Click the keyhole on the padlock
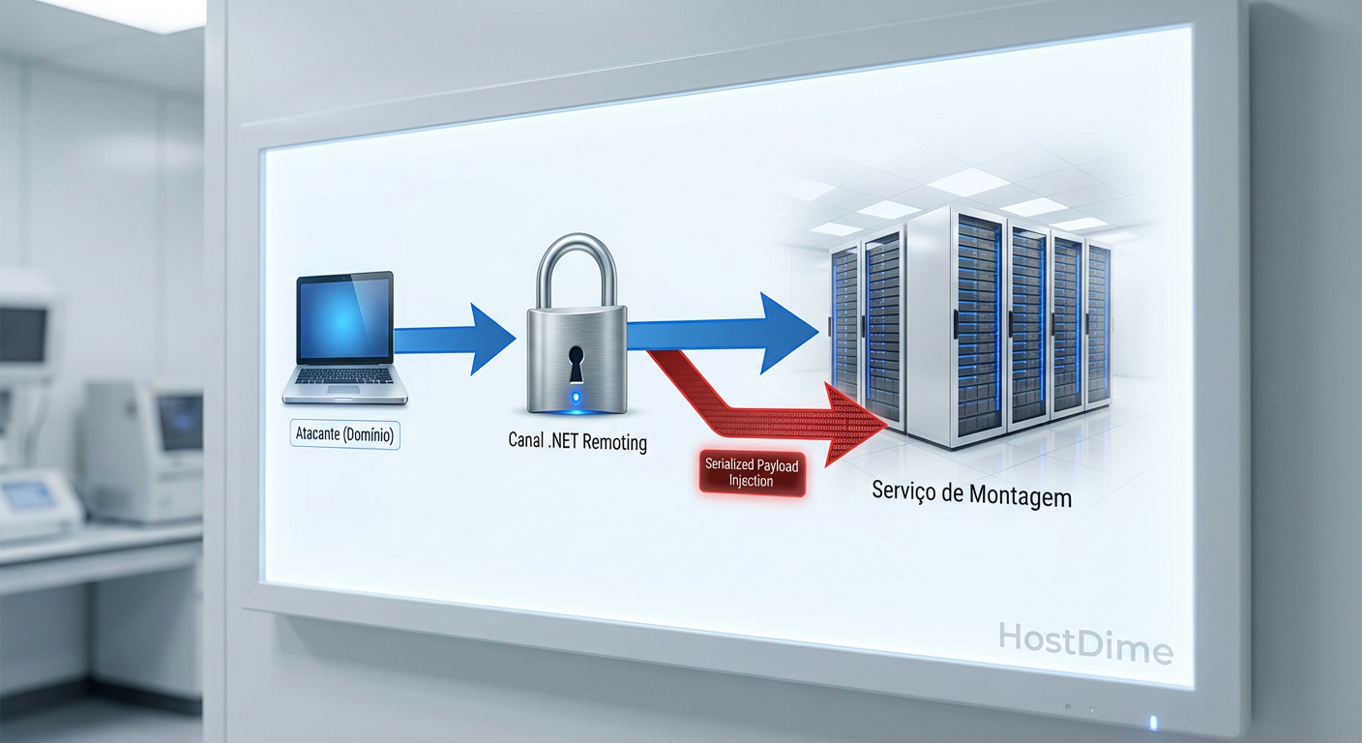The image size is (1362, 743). pos(577,364)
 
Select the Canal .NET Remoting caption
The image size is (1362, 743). pos(577,443)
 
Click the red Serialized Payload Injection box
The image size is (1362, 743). pos(752,473)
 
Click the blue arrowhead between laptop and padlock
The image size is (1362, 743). pos(490,339)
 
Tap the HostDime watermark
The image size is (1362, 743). pos(1085,642)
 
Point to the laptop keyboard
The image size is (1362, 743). pos(344,383)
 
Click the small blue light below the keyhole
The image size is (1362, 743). pos(577,397)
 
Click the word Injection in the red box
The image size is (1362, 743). pos(752,481)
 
